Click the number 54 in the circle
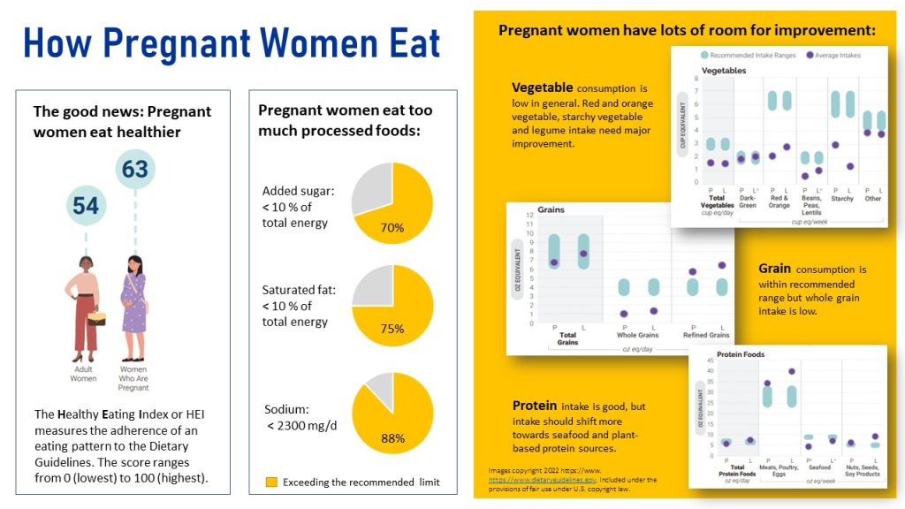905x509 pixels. pyautogui.click(x=86, y=206)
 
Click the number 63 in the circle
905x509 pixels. pyautogui.click(x=134, y=168)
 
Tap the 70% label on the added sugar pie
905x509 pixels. pyautogui.click(x=392, y=227)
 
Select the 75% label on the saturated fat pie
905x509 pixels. pyautogui.click(x=392, y=329)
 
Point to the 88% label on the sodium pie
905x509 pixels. pyautogui.click(x=392, y=438)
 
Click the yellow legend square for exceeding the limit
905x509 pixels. pyautogui.click(x=271, y=482)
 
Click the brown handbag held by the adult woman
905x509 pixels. pyautogui.click(x=97, y=317)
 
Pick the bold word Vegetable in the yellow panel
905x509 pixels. pyautogui.click(x=542, y=88)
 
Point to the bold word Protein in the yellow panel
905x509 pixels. pyautogui.click(x=535, y=406)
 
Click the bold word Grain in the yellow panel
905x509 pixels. pyautogui.click(x=774, y=269)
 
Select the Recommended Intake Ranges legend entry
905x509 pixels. pyautogui.click(x=748, y=55)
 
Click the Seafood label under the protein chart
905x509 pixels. pyautogui.click(x=819, y=467)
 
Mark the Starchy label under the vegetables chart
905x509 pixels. pyautogui.click(x=842, y=199)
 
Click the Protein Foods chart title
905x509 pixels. pyautogui.click(x=740, y=354)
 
